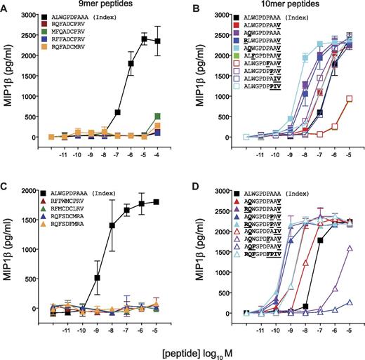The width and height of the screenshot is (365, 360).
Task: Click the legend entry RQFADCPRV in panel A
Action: click(72, 23)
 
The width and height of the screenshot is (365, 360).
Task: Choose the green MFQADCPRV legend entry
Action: click(72, 31)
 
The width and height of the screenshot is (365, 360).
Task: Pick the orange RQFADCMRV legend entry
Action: click(72, 46)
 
